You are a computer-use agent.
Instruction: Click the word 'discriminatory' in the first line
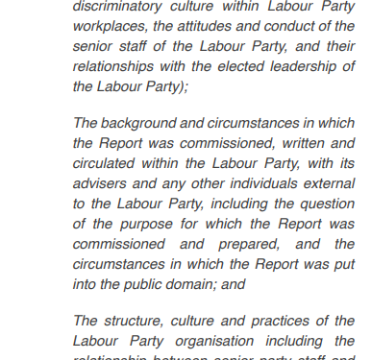(x=118, y=7)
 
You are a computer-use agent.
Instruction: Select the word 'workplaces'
(x=109, y=27)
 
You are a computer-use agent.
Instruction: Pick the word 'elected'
(x=248, y=66)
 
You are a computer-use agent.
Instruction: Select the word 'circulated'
(x=107, y=164)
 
